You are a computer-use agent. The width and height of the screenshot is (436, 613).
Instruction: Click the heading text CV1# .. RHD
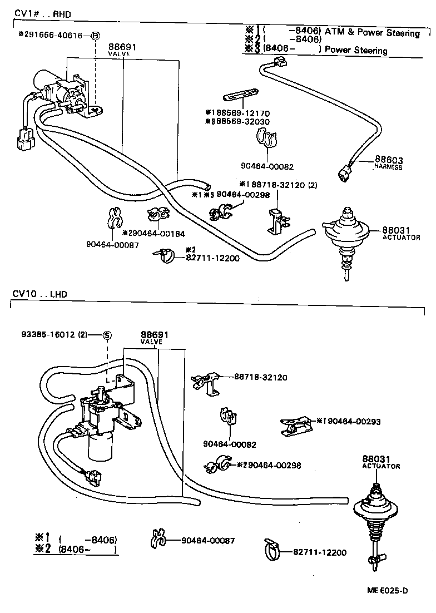[x=42, y=13]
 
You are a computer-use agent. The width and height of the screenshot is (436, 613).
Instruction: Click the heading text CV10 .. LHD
[x=39, y=294]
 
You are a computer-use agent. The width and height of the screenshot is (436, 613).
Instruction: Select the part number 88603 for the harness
[x=388, y=160]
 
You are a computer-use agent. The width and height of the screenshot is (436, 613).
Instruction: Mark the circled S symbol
[x=107, y=335]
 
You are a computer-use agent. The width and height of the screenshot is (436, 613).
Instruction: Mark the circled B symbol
[x=95, y=36]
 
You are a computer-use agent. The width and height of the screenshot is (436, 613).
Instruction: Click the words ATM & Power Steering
[x=372, y=33]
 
